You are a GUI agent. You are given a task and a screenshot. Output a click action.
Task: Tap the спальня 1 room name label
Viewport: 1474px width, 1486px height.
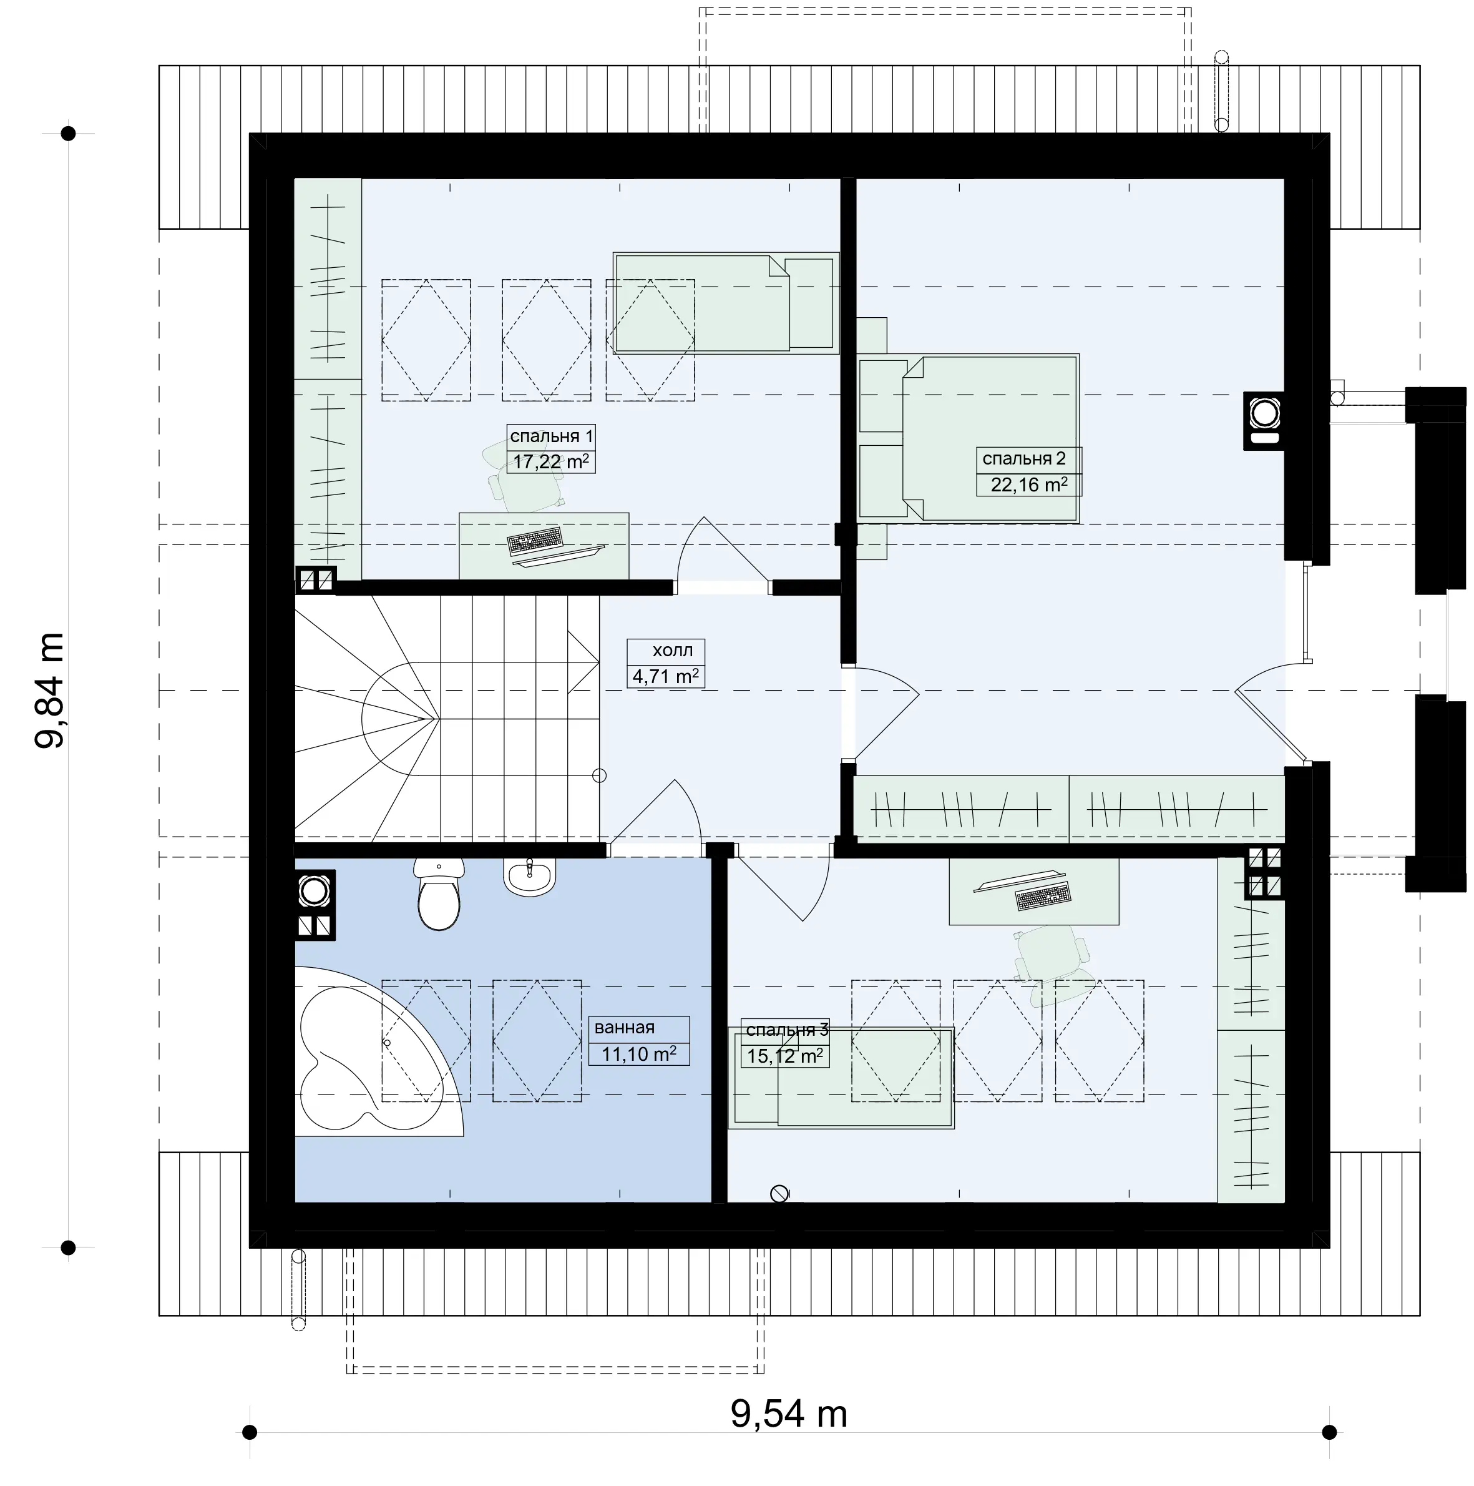click(551, 437)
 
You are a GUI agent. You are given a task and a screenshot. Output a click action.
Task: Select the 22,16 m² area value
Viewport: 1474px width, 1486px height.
click(1029, 485)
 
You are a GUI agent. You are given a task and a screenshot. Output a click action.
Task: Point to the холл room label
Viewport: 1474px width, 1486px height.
click(672, 651)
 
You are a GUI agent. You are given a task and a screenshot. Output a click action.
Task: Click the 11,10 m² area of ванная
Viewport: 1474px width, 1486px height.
click(639, 1054)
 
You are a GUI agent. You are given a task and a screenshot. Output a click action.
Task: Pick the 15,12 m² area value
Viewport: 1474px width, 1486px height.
click(785, 1056)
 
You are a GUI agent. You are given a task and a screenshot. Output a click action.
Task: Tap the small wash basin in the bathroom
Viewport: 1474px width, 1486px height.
click(530, 878)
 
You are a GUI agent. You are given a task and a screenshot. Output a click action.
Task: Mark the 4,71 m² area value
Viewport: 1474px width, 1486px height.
click(666, 677)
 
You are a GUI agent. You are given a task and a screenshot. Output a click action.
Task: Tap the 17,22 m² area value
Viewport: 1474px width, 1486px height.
click(551, 462)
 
